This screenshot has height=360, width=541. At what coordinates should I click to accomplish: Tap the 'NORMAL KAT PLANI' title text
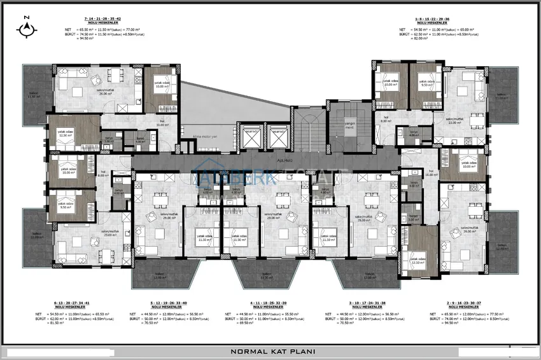click(x=270, y=350)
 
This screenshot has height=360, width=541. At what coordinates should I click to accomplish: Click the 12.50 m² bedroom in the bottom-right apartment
click(x=418, y=261)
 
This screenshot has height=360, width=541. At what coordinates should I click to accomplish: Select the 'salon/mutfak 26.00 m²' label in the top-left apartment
click(x=99, y=92)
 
